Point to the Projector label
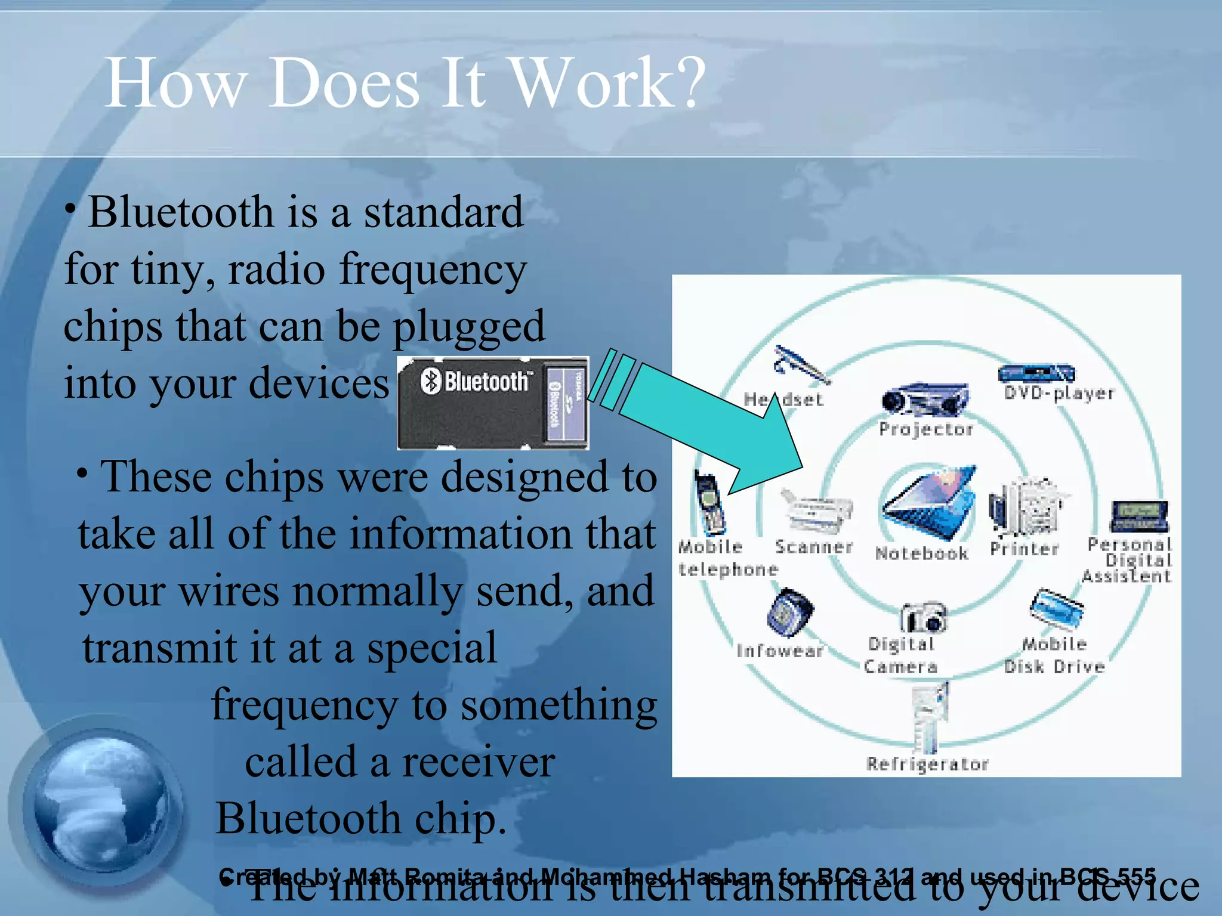[925, 429]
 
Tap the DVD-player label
[1059, 393]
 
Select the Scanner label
[813, 547]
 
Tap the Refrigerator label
[927, 764]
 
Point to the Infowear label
[780, 651]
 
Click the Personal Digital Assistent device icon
[1138, 516]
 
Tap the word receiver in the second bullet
[477, 763]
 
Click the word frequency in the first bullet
[433, 270]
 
